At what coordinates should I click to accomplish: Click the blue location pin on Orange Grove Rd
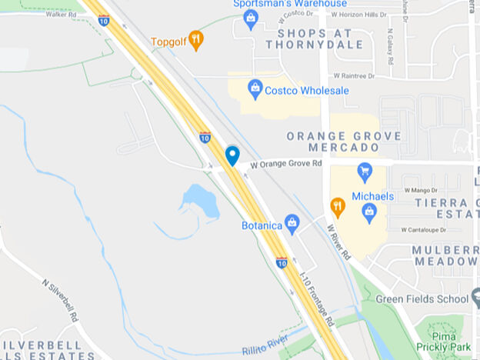point(232,155)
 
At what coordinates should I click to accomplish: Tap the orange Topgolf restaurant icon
point(197,40)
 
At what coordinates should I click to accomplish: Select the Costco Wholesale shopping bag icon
point(256,89)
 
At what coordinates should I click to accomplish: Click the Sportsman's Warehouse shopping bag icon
point(250,18)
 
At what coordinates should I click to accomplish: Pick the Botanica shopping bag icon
point(292,224)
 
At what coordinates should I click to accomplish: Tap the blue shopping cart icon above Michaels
point(365,171)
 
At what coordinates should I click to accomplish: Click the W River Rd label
point(338,241)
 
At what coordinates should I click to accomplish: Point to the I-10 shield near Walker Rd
point(104,21)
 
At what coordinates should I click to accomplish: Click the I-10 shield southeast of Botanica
point(282,262)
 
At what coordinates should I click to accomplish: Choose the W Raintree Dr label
point(354,76)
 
